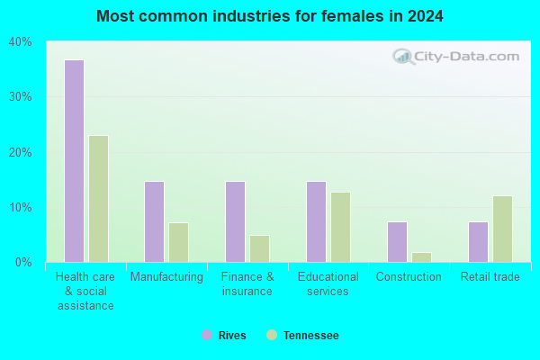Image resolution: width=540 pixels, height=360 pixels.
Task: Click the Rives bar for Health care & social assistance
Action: [x=75, y=161]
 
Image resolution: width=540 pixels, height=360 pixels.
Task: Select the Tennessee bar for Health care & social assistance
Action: [x=98, y=199]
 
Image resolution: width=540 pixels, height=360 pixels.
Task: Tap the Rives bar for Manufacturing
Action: [x=154, y=222]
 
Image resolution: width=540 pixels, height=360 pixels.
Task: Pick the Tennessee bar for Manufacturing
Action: [x=179, y=242]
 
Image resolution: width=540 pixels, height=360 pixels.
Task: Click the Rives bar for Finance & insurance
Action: [x=236, y=222]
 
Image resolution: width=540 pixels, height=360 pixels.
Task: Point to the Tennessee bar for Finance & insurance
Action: [x=260, y=248]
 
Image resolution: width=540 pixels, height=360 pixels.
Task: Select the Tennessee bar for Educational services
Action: [x=340, y=227]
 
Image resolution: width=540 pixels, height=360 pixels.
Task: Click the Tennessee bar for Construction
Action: [x=421, y=257]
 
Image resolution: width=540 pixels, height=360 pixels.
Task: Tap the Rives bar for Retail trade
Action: [x=479, y=242]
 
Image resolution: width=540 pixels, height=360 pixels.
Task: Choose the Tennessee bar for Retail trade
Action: [x=502, y=229]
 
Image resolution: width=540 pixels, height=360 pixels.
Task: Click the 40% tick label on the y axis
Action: [x=21, y=42]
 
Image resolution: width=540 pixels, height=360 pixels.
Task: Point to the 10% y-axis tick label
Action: [x=21, y=208]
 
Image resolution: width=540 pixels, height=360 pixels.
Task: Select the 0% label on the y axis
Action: [x=23, y=263]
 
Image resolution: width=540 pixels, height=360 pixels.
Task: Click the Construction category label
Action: [x=409, y=276]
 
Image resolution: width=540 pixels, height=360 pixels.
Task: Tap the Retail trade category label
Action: [x=490, y=276]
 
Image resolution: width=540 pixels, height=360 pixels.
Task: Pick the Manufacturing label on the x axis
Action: [x=166, y=276]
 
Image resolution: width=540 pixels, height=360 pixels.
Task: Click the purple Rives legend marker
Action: [x=207, y=335]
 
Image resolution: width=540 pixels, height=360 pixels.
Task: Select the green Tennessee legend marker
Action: [x=272, y=335]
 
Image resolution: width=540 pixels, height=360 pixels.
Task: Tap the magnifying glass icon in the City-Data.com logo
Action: [x=403, y=57]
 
